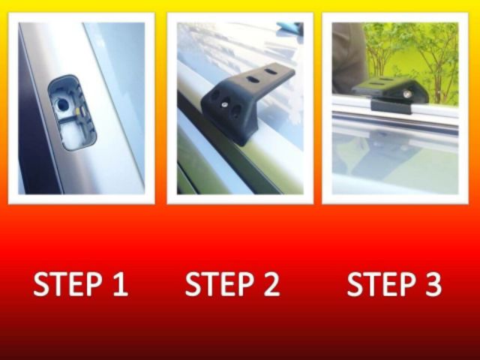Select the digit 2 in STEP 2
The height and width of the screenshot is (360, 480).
[x=271, y=283]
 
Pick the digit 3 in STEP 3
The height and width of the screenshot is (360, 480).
[x=433, y=283]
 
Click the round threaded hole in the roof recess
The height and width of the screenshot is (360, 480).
[x=62, y=105]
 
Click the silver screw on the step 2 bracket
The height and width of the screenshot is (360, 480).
[x=225, y=105]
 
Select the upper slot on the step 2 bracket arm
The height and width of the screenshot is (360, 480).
[x=270, y=71]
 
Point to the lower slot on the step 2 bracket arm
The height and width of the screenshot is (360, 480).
[x=253, y=80]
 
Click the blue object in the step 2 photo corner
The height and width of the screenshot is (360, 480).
[x=290, y=28]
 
